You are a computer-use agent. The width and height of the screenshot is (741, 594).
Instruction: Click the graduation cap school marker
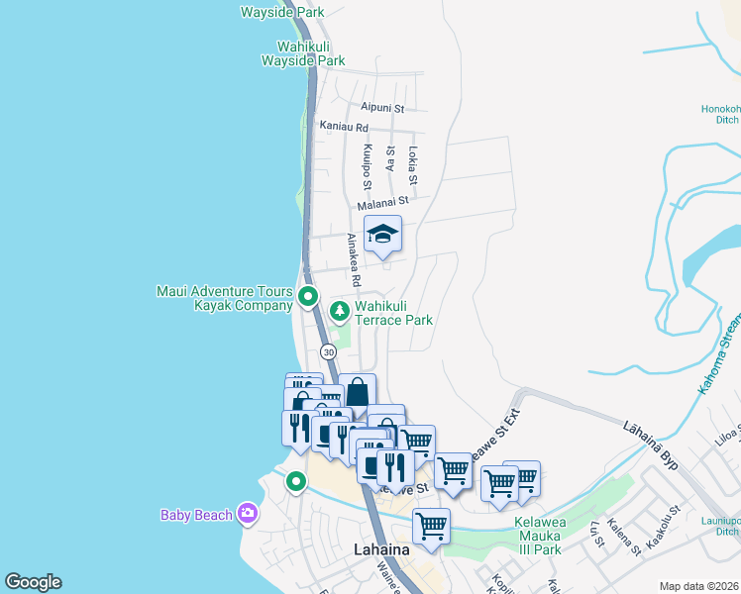pyautogui.click(x=383, y=235)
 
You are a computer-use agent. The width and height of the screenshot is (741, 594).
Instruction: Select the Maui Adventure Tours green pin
pyautogui.click(x=308, y=296)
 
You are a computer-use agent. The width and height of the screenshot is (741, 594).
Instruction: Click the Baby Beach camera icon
pyautogui.click(x=248, y=514)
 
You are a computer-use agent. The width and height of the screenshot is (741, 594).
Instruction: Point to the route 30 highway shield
pyautogui.click(x=328, y=351)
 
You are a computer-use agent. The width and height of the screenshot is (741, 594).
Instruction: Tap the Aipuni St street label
pyautogui.click(x=383, y=107)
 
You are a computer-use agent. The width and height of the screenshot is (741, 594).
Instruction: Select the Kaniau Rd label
pyautogui.click(x=344, y=127)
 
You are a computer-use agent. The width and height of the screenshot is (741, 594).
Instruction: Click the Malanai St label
pyautogui.click(x=382, y=200)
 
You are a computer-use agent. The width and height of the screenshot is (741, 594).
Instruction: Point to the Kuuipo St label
pyautogui.click(x=367, y=167)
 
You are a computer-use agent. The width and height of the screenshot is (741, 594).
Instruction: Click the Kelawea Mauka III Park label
pyautogui.click(x=552, y=536)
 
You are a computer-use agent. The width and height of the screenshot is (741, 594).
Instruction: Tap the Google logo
pyautogui.click(x=33, y=582)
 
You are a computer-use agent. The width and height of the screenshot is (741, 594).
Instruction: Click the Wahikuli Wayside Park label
pyautogui.click(x=303, y=53)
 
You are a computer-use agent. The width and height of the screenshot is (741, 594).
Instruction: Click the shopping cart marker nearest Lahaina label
pyautogui.click(x=431, y=527)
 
